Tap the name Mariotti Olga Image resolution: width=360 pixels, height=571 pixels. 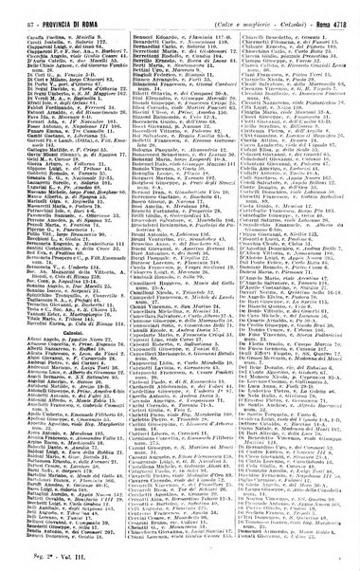28,205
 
